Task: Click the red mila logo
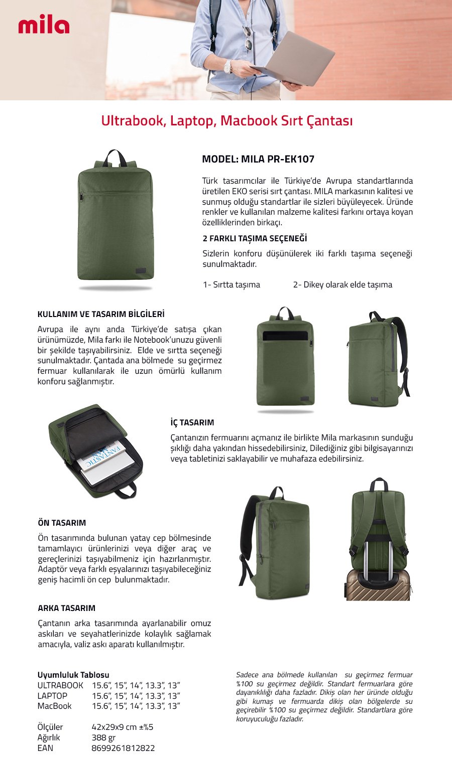44,26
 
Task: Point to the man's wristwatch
228,66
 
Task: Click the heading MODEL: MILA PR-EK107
258,159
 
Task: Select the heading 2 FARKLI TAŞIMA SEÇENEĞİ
255,238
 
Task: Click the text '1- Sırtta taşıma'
232,284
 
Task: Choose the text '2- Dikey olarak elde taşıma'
343,284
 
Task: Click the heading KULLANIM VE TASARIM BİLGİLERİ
101,314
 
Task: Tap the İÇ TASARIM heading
192,422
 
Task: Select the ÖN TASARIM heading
62,523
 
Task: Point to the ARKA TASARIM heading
66,608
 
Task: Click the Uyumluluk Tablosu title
73,675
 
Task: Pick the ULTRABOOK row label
60,685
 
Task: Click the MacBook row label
54,706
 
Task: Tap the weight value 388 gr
103,737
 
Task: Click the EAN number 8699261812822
123,748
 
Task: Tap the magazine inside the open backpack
103,458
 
